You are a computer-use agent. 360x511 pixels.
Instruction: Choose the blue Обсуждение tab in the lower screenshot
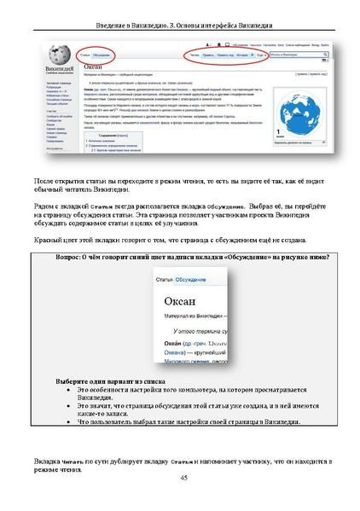click(190, 279)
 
